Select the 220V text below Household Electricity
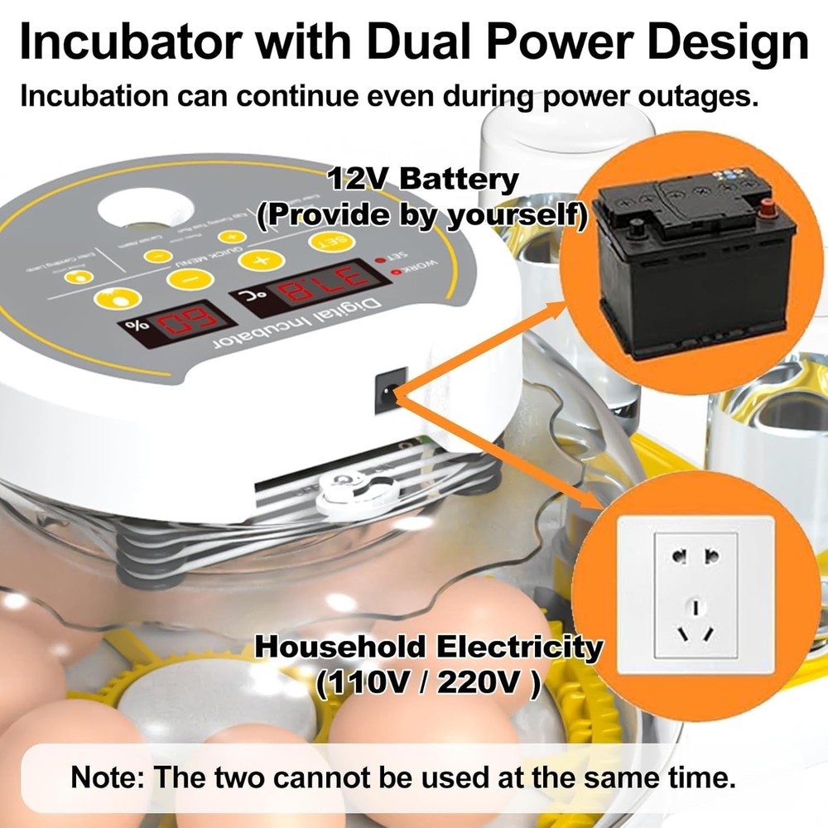(484, 684)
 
